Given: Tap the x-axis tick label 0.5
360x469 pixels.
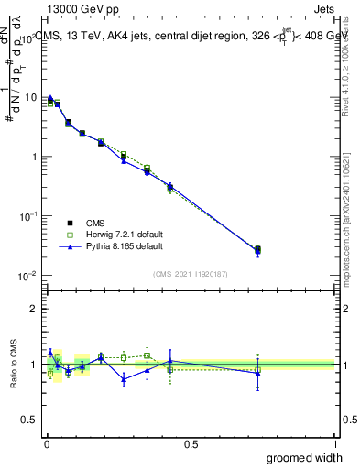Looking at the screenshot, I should coord(191,443).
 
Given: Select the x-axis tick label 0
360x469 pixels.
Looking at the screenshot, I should coord(46,443).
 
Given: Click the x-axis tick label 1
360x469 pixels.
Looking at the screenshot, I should coord(335,443).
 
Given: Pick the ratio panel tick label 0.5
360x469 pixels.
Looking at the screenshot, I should coord(32,420).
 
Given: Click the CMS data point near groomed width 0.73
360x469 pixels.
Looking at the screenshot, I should coord(257,249).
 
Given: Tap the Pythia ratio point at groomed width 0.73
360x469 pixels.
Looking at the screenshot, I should coord(257,373).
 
